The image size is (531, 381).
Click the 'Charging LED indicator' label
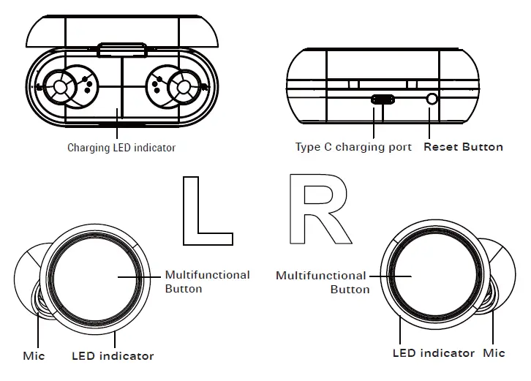pyautogui.click(x=121, y=148)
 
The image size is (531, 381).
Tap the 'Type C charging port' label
pyautogui.click(x=353, y=147)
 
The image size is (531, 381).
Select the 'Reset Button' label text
pyautogui.click(x=463, y=147)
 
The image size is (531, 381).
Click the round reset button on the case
pyautogui.click(x=432, y=99)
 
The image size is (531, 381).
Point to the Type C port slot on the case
pyautogui.click(x=383, y=99)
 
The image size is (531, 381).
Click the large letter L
pyautogui.click(x=208, y=211)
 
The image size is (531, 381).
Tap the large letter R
pyautogui.click(x=320, y=209)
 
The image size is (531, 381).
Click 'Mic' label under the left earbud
pyautogui.click(x=34, y=355)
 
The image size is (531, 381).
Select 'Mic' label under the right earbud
pyautogui.click(x=494, y=353)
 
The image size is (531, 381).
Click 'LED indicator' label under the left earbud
pyautogui.click(x=113, y=356)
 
